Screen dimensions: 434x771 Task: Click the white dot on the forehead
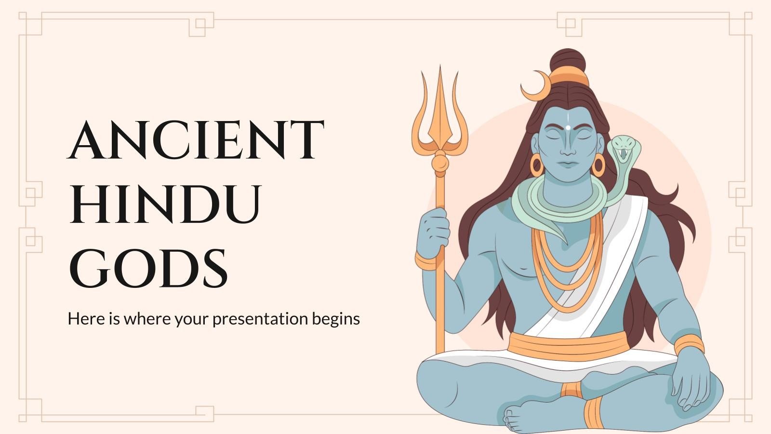point(568,127)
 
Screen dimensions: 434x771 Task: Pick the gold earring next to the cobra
point(598,165)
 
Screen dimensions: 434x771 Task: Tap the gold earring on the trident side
point(537,164)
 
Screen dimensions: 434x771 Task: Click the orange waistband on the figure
point(569,346)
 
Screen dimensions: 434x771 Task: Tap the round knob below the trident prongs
point(439,162)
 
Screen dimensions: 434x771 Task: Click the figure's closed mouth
point(568,163)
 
